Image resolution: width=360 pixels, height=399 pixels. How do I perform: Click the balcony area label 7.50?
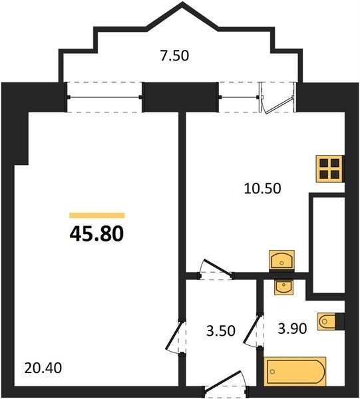coord(174,56)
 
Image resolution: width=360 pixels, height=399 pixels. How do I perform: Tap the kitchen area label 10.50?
coord(262,189)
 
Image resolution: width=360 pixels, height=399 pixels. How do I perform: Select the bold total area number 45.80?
coord(96,234)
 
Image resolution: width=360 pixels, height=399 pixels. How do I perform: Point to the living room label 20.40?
coord(43,368)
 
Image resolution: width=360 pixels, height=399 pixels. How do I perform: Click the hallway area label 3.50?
coord(221,331)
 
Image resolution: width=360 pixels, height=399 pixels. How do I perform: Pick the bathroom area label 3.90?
coord(292,329)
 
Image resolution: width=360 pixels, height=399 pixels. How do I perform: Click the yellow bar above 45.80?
coord(97,215)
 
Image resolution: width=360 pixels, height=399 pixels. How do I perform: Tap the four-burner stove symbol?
coord(330,169)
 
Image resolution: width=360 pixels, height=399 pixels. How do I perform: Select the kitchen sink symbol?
coord(282,260)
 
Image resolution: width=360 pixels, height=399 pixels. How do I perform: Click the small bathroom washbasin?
coord(283,287)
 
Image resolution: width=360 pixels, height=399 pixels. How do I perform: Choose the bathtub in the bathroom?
coord(295,372)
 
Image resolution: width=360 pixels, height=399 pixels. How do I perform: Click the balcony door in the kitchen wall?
coord(277,98)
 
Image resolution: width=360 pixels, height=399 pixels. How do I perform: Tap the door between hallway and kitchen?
coord(216,270)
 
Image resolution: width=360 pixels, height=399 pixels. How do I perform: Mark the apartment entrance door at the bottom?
coord(226,383)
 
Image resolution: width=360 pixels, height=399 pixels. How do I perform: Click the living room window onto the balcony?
coord(104,97)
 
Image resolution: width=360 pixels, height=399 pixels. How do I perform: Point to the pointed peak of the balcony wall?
coord(182,3)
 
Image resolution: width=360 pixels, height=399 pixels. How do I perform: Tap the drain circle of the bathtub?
coord(272,372)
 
